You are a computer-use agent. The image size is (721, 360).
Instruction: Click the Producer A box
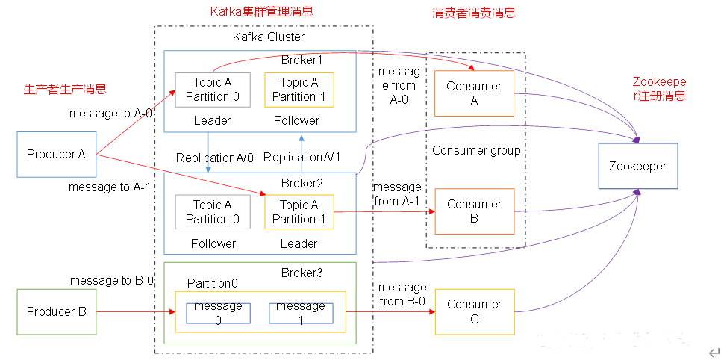tap(57, 154)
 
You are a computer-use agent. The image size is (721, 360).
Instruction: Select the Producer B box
tap(57, 311)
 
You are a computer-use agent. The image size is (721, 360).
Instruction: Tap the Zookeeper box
tap(638, 166)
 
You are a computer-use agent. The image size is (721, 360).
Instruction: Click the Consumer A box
tap(474, 93)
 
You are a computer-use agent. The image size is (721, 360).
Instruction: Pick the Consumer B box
tap(474, 211)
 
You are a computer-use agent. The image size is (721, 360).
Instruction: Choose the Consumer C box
tap(474, 311)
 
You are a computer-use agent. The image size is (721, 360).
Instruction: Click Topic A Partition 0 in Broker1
tap(213, 90)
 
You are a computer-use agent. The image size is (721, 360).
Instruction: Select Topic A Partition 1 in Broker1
tap(299, 90)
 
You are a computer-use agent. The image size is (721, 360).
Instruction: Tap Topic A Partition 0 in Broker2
tap(213, 212)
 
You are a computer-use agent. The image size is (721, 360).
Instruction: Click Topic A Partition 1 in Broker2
tap(299, 212)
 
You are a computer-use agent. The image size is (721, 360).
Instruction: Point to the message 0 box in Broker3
tap(218, 313)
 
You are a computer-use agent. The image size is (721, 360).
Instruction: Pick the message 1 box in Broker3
tap(301, 313)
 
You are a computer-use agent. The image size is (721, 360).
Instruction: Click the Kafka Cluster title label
tap(269, 37)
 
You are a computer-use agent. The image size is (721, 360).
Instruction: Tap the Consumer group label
tap(476, 151)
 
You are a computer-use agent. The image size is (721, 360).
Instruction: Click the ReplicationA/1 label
tap(302, 158)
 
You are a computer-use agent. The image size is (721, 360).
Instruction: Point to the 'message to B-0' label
tap(112, 280)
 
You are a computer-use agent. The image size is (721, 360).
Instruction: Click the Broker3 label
tap(302, 273)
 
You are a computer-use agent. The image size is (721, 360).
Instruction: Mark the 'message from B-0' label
tap(402, 294)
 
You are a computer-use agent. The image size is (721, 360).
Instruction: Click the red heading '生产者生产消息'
tap(65, 90)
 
